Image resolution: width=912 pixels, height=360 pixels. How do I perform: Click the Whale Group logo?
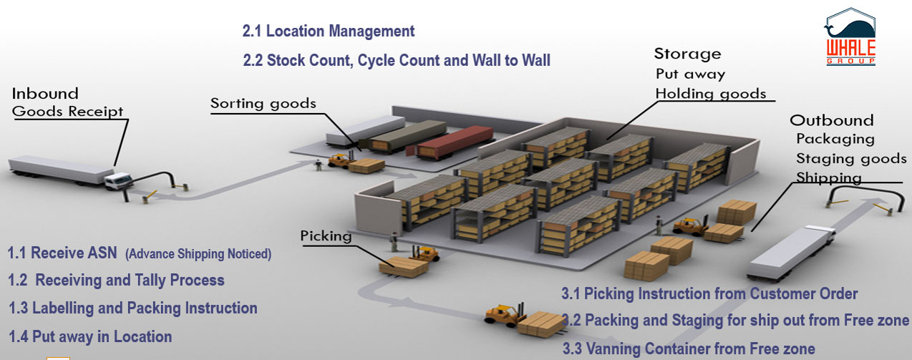(x=850, y=37)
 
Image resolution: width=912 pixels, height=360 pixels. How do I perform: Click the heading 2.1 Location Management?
(x=329, y=31)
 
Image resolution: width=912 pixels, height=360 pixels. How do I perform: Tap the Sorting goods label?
(x=263, y=104)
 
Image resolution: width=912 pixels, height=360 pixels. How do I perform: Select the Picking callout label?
(x=326, y=235)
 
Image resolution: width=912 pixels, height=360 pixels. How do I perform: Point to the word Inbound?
(x=45, y=94)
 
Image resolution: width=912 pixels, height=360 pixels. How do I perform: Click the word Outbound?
(x=832, y=120)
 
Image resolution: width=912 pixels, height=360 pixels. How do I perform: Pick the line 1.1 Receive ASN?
(x=62, y=253)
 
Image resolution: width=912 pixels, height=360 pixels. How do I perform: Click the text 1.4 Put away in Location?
(x=90, y=337)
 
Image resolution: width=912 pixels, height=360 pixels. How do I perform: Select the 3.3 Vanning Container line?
(x=689, y=349)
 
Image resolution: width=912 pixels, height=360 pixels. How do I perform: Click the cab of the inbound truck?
(x=118, y=181)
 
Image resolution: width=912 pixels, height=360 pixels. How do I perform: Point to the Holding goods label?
(x=711, y=94)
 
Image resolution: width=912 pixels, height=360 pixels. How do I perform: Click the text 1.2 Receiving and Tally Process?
(x=116, y=280)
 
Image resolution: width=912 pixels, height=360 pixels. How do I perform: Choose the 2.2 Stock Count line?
(x=397, y=60)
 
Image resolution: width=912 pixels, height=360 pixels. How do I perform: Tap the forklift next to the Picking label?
(x=425, y=253)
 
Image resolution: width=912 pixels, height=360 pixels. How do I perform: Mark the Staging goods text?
(x=851, y=158)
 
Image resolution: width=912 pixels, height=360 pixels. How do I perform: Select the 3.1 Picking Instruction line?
(x=709, y=294)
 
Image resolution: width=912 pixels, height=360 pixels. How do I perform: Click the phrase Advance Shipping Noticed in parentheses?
(x=198, y=254)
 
